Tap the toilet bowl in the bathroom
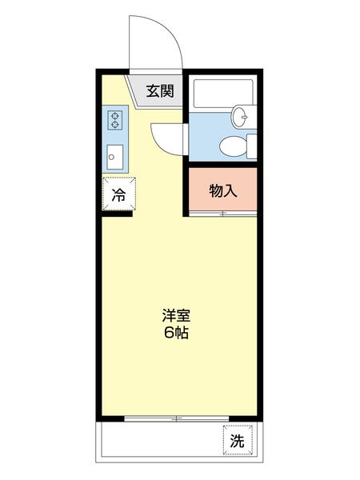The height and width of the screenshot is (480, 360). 232,146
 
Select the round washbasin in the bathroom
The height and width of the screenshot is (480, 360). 241,118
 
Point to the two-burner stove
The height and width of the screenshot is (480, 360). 114,121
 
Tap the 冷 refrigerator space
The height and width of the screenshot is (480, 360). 118,194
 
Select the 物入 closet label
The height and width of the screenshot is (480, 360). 222,190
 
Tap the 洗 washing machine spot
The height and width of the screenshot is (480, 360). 237,440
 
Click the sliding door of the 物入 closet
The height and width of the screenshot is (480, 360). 222,214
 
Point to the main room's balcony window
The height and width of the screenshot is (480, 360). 177,418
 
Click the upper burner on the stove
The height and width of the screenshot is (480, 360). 114,114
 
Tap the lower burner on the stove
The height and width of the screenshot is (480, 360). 114,126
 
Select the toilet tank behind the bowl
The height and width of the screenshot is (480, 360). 251,146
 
